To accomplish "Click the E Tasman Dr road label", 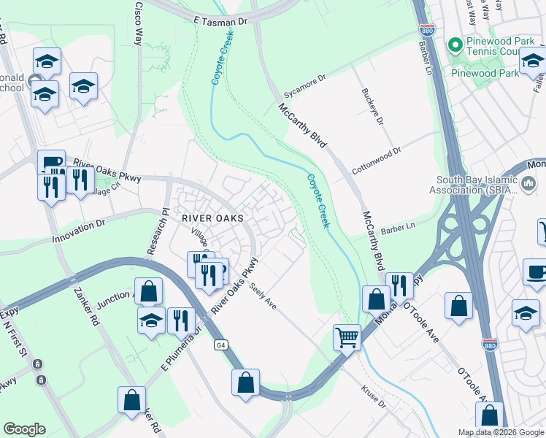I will point(221,22).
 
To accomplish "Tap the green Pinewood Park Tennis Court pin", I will point(456,45).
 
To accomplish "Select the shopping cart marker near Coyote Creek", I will point(347,337).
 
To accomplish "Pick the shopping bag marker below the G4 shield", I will point(246,381).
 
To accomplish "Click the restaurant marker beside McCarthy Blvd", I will point(399,285).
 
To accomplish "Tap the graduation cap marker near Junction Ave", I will point(151,320).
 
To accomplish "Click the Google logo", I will point(24,429).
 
